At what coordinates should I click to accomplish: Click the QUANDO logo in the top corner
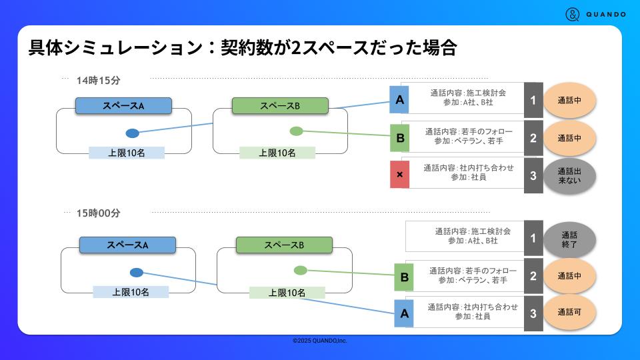[595, 14]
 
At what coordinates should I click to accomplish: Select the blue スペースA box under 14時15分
[123, 105]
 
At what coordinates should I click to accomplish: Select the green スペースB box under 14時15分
[280, 105]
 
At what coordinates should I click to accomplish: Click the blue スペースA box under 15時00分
[127, 245]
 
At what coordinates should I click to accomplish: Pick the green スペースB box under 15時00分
[284, 245]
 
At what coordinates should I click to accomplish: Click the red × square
[399, 175]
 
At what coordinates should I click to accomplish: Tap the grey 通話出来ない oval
[569, 175]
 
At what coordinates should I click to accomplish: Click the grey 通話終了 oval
[569, 239]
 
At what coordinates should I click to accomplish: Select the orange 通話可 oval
[569, 312]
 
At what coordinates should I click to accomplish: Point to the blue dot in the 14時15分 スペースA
[132, 133]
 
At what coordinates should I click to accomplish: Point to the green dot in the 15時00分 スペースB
[301, 270]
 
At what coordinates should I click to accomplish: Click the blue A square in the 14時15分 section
[399, 100]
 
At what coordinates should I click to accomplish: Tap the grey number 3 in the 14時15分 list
[533, 175]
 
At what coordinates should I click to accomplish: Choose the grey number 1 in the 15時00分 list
[533, 238]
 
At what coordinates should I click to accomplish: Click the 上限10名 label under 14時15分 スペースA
[127, 153]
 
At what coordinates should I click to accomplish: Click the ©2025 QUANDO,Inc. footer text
[320, 341]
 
